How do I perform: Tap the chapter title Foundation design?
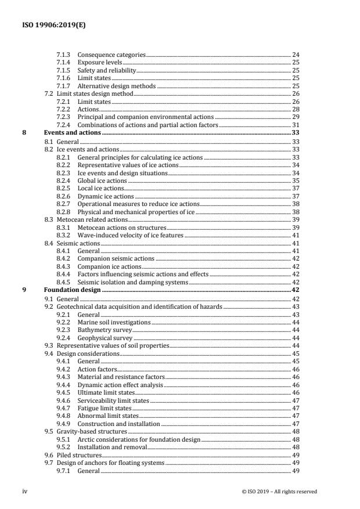pyautogui.click(x=73, y=289)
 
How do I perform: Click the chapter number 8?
pyautogui.click(x=24, y=133)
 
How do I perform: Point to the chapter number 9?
pyautogui.click(x=24, y=289)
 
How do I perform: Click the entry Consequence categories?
pyautogui.click(x=111, y=55)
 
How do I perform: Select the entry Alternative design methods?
pyautogui.click(x=117, y=86)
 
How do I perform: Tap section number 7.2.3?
pyautogui.click(x=63, y=117)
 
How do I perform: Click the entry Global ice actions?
pyautogui.click(x=103, y=180)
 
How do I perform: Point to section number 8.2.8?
pyautogui.click(x=63, y=211)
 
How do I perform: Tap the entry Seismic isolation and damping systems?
pyautogui.click(x=133, y=282)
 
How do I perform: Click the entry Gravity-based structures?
pyautogui.click(x=91, y=431)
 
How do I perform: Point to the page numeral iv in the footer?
pyautogui.click(x=24, y=491)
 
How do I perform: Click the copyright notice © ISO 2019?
pyautogui.click(x=279, y=492)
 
